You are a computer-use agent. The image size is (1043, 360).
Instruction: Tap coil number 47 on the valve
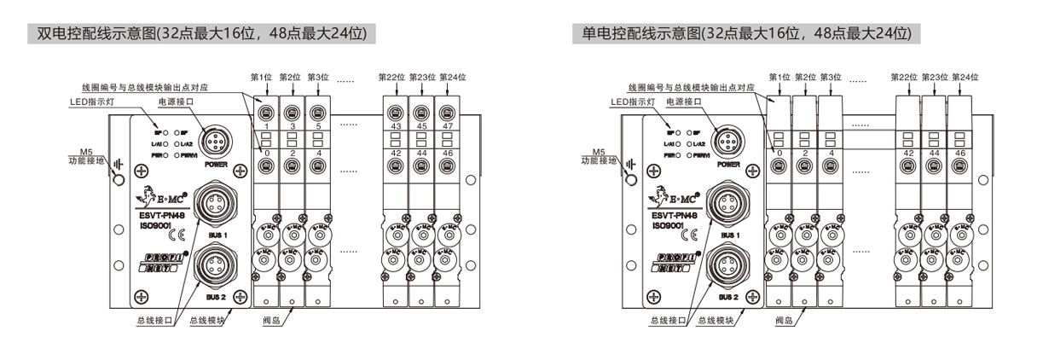pyautogui.click(x=447, y=126)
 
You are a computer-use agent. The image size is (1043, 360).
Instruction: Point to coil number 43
pyautogui.click(x=395, y=126)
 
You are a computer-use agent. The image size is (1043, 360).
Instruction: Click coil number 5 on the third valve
pyautogui.click(x=318, y=126)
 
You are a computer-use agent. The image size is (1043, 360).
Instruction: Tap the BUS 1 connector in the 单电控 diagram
pyautogui.click(x=727, y=205)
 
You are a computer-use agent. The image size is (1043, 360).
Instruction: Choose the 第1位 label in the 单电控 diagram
pyautogui.click(x=779, y=78)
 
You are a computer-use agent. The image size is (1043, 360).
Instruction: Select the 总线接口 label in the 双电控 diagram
pyautogui.click(x=154, y=321)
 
